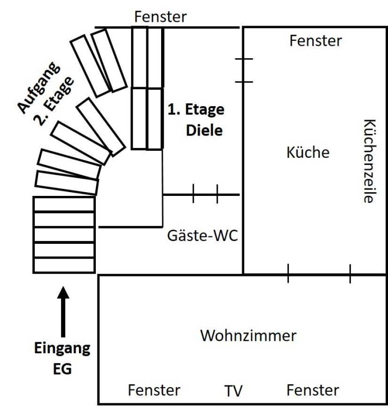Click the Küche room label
pos(308,152)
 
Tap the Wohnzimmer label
pos(248,336)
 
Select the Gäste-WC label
pos(202,236)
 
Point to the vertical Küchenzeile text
pos(370,161)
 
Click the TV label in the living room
pos(233,391)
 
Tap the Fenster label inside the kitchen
pos(316,41)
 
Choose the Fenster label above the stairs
pos(161,16)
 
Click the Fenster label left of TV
pos(154,390)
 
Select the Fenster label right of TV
pos(312,390)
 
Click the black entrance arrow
pos(63,312)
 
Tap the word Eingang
pos(62,349)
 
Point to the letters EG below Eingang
pos(62,369)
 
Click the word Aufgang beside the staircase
pos(38,88)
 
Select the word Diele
pos(205,130)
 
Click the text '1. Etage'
pos(196,109)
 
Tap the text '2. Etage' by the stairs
pos(53,101)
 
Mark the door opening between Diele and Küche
pos(243,70)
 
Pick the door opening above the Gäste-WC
pos(205,194)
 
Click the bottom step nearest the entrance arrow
pos(64,266)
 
